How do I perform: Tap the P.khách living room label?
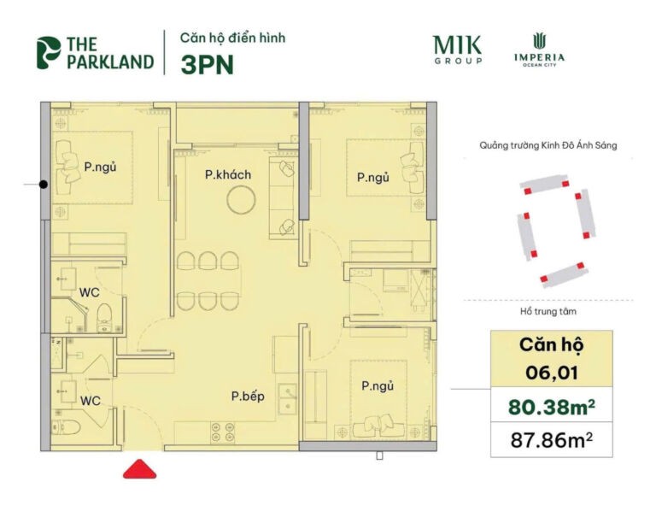(228, 175)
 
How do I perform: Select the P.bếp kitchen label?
(246, 396)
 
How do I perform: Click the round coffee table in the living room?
(240, 201)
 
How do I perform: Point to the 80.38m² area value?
(551, 407)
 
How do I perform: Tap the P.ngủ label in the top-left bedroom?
(100, 167)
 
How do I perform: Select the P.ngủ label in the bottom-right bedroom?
(377, 386)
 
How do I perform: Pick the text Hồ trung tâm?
(548, 312)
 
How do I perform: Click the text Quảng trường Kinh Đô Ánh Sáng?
(548, 146)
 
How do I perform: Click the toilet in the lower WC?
(70, 425)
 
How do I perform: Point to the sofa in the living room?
(283, 197)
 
